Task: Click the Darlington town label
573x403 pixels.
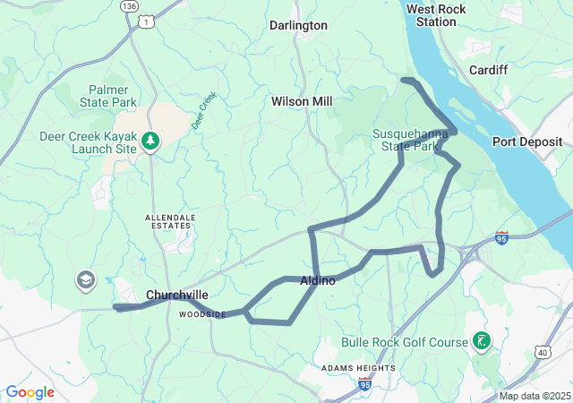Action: (x=299, y=26)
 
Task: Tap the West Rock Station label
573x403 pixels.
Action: (x=436, y=15)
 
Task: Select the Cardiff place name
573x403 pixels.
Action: (x=488, y=70)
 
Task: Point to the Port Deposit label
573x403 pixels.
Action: (x=527, y=141)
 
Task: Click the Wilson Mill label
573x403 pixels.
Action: (x=302, y=102)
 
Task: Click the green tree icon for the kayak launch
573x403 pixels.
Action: (x=151, y=140)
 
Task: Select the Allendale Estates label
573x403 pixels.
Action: (x=168, y=222)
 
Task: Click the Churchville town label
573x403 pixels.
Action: (x=177, y=295)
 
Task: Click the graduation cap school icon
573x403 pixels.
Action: (x=86, y=280)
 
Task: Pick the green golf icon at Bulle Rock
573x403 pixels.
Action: (x=483, y=340)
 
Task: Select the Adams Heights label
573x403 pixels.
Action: (x=358, y=368)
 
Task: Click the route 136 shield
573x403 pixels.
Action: (x=129, y=5)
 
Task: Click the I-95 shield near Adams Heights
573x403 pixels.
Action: (x=364, y=384)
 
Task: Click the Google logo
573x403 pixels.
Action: (x=30, y=392)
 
